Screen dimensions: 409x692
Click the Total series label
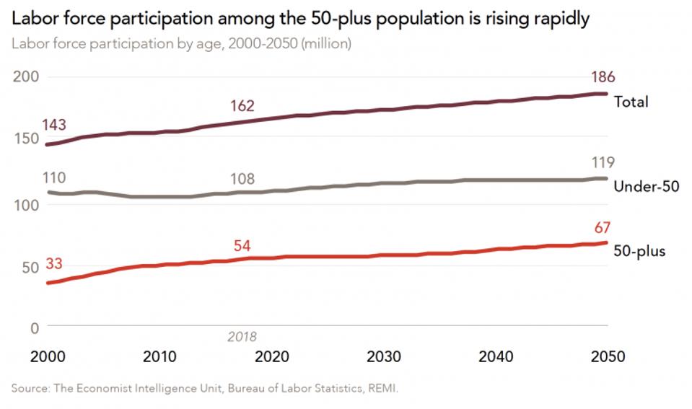click(x=631, y=102)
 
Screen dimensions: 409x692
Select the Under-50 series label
click(x=646, y=186)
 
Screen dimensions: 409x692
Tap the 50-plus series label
click(x=639, y=251)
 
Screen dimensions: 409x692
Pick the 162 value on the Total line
click(x=242, y=106)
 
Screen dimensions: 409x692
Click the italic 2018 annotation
click(x=242, y=336)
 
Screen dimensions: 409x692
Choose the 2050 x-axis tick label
click(x=606, y=357)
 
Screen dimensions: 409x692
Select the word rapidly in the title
click(x=552, y=18)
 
